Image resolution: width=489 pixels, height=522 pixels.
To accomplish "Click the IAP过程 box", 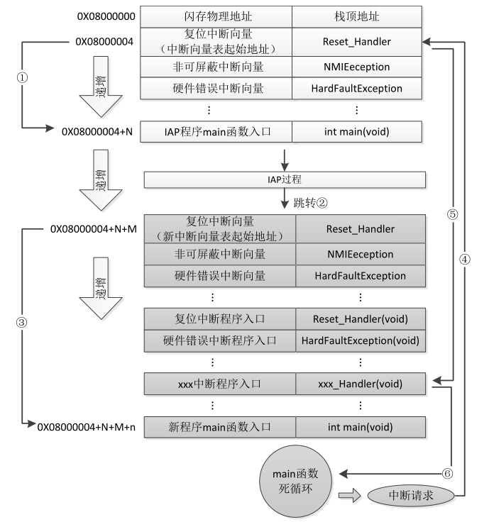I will coord(285,180).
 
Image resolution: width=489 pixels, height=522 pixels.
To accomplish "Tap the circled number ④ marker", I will coord(466,259).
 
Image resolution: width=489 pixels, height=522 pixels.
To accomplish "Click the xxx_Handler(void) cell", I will coord(361,384).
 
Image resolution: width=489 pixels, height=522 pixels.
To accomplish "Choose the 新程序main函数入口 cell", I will coord(219,427).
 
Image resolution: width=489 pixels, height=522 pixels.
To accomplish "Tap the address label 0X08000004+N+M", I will coord(92,229).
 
